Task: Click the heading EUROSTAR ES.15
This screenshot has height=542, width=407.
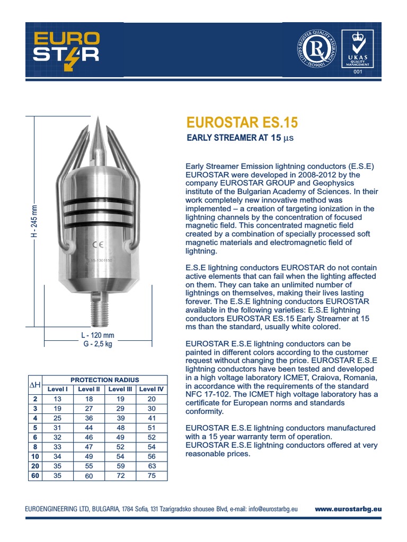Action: click(x=242, y=123)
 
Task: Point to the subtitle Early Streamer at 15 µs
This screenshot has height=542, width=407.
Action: click(x=239, y=139)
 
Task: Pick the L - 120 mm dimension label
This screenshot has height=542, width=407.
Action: click(x=98, y=336)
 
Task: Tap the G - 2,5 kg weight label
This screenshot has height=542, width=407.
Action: click(x=98, y=344)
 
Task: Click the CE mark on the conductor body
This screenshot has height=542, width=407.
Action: click(x=98, y=245)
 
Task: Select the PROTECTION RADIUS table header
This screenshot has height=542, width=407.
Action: click(x=104, y=380)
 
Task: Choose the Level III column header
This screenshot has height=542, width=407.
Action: click(x=120, y=389)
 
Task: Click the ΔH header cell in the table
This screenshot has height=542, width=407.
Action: click(x=34, y=384)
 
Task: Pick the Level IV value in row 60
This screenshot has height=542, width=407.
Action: click(x=152, y=475)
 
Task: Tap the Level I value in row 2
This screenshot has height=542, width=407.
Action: click(x=58, y=399)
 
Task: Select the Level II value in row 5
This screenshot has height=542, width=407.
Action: click(x=89, y=427)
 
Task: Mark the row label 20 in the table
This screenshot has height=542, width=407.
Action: click(x=35, y=466)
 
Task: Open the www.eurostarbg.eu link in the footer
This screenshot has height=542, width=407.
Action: click(x=348, y=509)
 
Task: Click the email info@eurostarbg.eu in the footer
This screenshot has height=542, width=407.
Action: click(x=272, y=509)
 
